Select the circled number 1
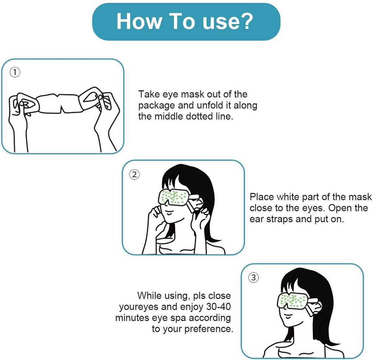coord(15,72)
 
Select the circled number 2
coord(134,175)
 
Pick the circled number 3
coord(253,278)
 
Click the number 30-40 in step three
coord(218,307)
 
